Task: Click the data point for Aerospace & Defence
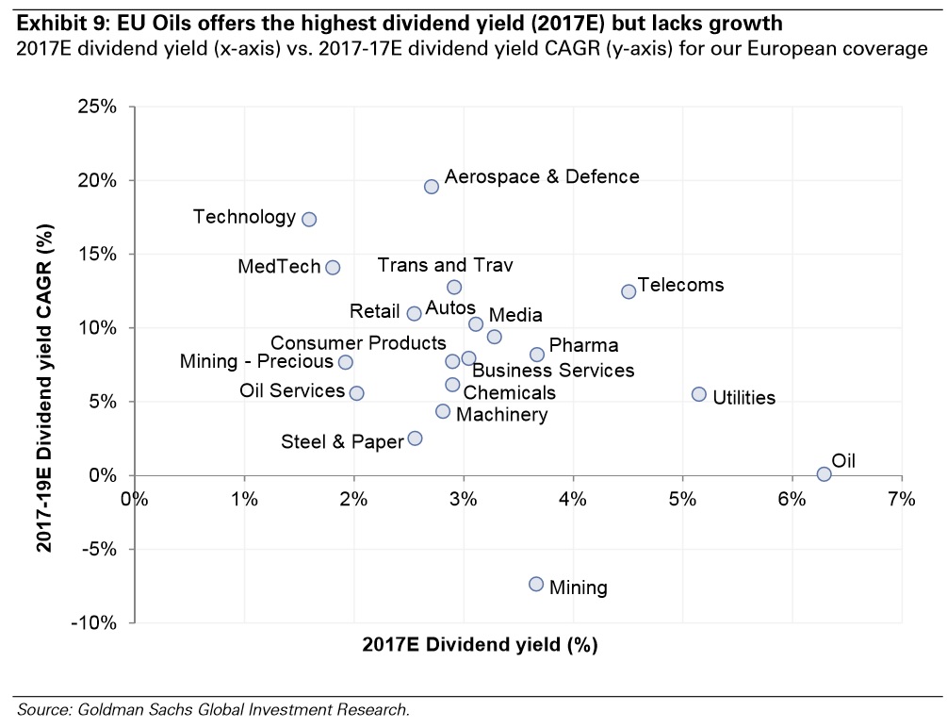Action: click(x=432, y=187)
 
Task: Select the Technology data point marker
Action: click(x=309, y=219)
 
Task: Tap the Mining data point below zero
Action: click(x=536, y=585)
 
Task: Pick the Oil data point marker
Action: click(x=824, y=474)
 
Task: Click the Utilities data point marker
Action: click(x=698, y=394)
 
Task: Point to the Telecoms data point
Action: click(x=629, y=291)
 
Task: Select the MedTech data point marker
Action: click(x=333, y=268)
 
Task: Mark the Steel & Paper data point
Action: click(x=415, y=438)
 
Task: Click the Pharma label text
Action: click(x=583, y=346)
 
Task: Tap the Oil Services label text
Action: click(x=292, y=390)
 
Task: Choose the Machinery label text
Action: click(x=501, y=415)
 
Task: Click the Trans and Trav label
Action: click(x=445, y=266)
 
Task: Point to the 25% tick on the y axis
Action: click(x=122, y=107)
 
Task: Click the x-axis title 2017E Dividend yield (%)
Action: click(x=480, y=646)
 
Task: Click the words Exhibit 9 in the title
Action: click(x=57, y=20)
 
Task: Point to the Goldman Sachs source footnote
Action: click(x=213, y=709)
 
